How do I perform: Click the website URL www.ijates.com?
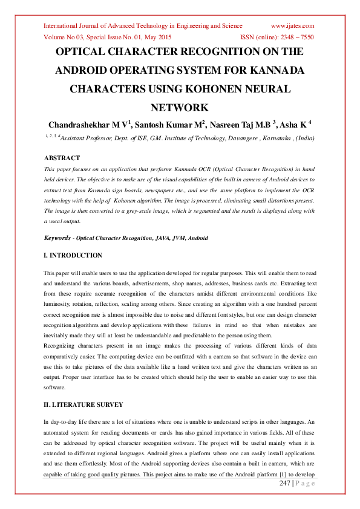click(x=292, y=26)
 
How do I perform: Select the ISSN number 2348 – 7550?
click(x=294, y=36)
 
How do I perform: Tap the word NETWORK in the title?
click(x=180, y=108)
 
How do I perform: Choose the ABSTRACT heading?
click(x=62, y=158)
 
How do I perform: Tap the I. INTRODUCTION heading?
click(x=73, y=256)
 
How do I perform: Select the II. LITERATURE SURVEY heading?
click(x=83, y=404)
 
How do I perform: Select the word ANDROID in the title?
click(x=85, y=70)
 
